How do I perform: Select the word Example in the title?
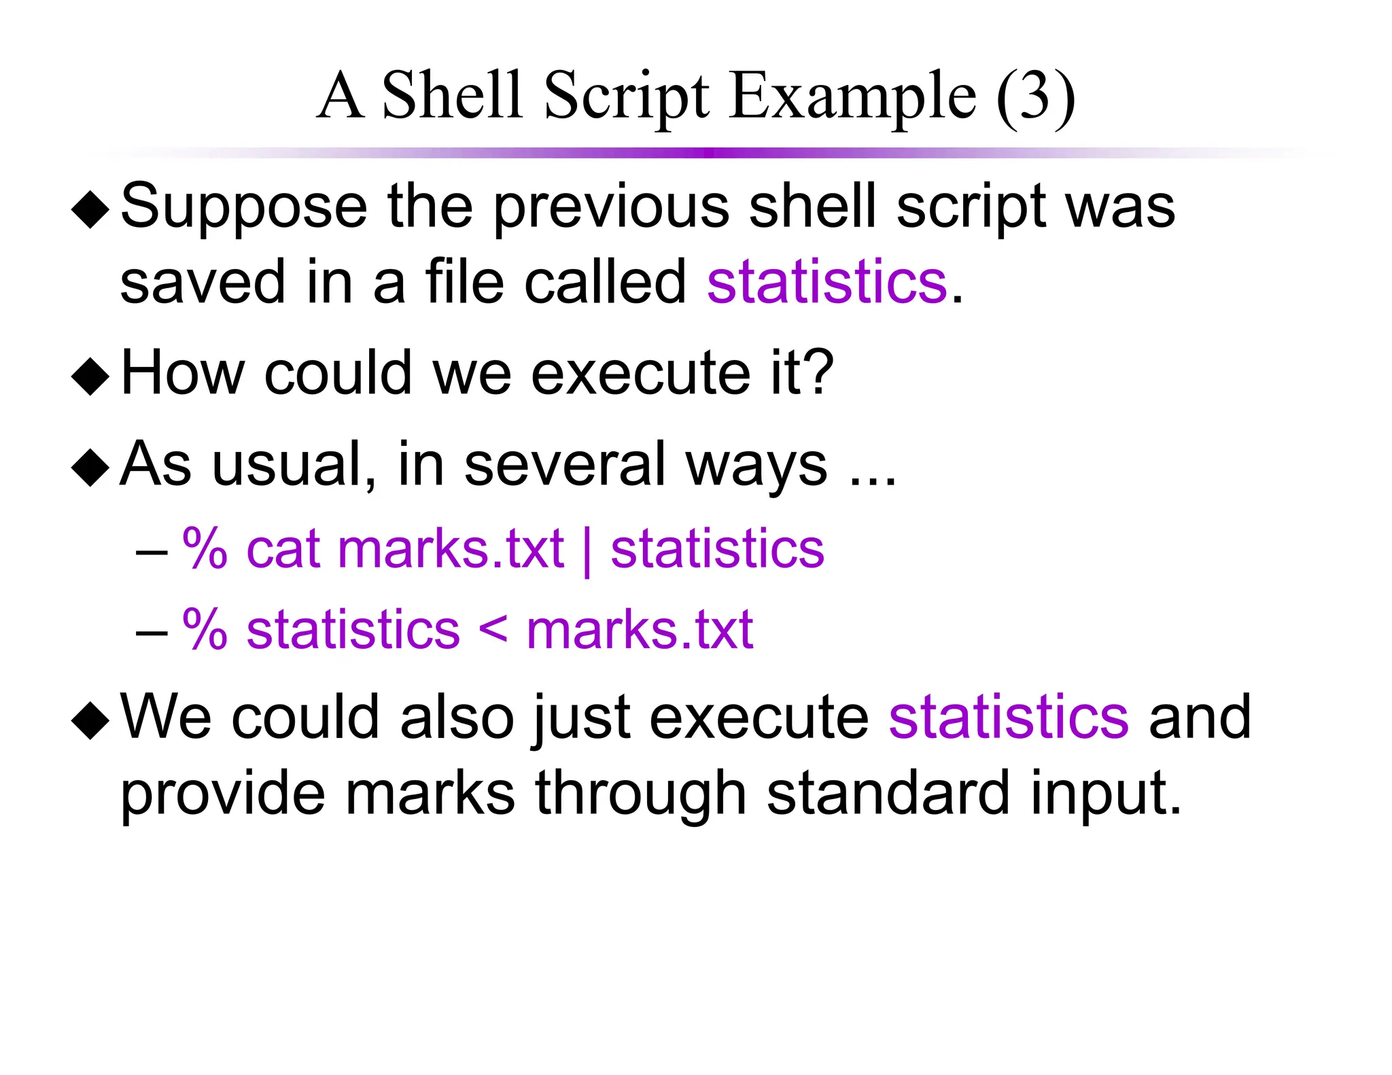tap(852, 97)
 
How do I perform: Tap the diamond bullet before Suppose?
tap(90, 210)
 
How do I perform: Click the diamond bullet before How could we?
tap(90, 376)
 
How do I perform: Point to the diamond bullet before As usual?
tap(90, 468)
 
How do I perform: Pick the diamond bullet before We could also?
tap(90, 720)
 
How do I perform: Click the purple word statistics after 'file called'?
tap(826, 282)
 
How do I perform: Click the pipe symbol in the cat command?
tap(587, 550)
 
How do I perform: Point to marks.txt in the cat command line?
tap(450, 549)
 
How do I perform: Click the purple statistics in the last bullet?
tap(1009, 717)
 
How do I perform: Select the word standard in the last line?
tap(888, 793)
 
